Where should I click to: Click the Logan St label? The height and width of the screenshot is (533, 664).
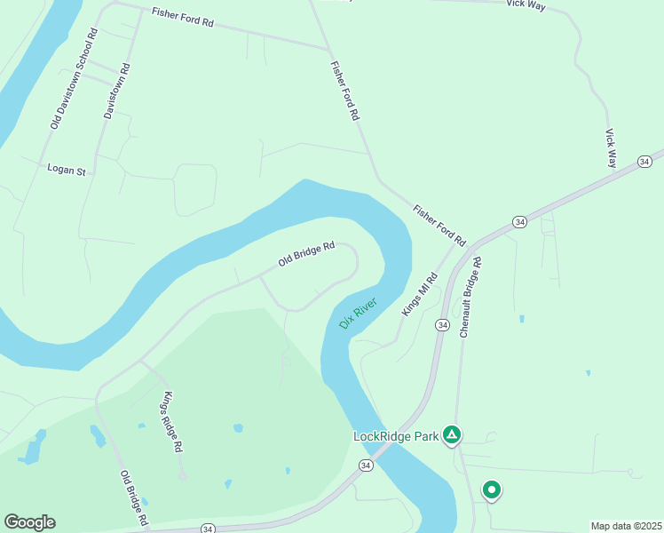pyautogui.click(x=66, y=168)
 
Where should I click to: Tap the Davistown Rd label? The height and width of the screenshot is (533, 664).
pyautogui.click(x=116, y=91)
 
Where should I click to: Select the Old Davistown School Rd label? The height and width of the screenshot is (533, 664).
pyautogui.click(x=73, y=79)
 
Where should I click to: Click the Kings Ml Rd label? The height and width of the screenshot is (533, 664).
pyautogui.click(x=421, y=293)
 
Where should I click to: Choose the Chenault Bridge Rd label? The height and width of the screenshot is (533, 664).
pyautogui.click(x=470, y=298)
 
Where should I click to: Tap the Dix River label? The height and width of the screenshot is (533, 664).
pyautogui.click(x=359, y=314)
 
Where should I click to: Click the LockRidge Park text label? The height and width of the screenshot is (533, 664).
pyautogui.click(x=396, y=436)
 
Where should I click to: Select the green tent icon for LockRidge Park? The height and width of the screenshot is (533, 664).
pyautogui.click(x=452, y=434)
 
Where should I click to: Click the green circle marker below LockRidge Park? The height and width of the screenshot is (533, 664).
pyautogui.click(x=491, y=489)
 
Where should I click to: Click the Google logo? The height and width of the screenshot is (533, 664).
pyautogui.click(x=29, y=522)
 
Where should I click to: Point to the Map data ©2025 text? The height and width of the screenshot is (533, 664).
pyautogui.click(x=626, y=525)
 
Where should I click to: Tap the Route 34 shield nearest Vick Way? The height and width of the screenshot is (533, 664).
pyautogui.click(x=644, y=161)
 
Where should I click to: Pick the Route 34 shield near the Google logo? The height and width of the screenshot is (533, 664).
pyautogui.click(x=208, y=529)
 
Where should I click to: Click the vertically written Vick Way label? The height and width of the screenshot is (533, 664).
pyautogui.click(x=611, y=148)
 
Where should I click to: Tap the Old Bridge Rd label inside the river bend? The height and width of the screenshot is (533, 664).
pyautogui.click(x=306, y=254)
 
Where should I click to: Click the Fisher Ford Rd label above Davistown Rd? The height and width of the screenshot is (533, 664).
pyautogui.click(x=183, y=17)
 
